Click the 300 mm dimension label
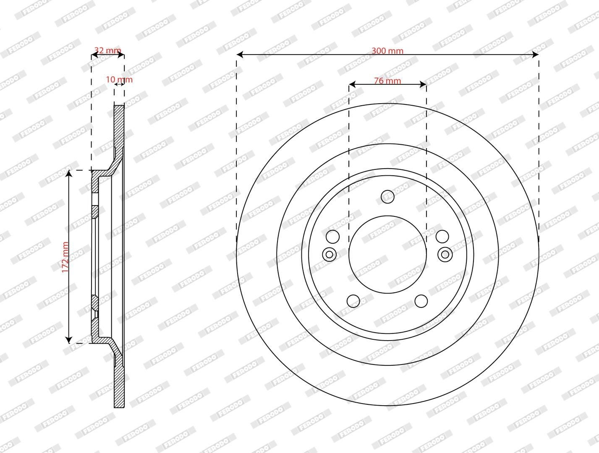point(387,51)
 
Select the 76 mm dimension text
point(387,81)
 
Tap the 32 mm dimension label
point(107,50)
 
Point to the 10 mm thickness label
point(119,80)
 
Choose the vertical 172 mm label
point(65,257)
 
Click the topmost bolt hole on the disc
point(387,197)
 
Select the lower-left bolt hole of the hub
point(353,301)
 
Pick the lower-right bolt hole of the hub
point(421,301)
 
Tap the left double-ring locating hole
point(330,255)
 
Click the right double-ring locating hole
point(445,255)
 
